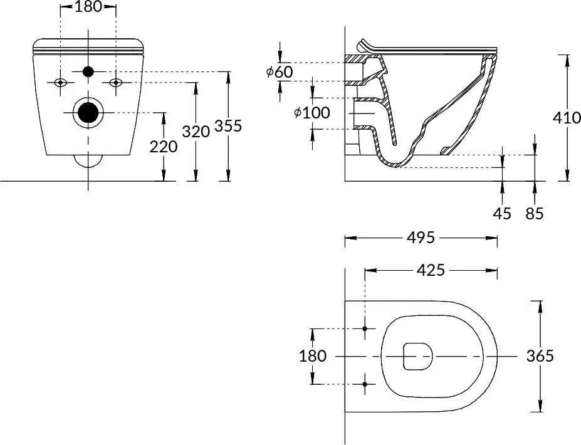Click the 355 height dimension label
(x=228, y=126)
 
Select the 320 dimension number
(x=196, y=132)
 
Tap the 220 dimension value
(x=164, y=147)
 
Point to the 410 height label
(x=567, y=118)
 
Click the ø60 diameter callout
(x=280, y=71)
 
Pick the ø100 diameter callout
(x=311, y=113)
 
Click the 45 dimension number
(x=503, y=214)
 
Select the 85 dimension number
(x=535, y=214)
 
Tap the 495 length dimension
(x=421, y=238)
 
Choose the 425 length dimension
(x=431, y=271)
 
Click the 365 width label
(x=540, y=356)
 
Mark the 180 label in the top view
(x=313, y=356)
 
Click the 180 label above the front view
(x=88, y=7)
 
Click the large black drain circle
(x=88, y=112)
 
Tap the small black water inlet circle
(x=88, y=71)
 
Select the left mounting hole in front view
(x=60, y=83)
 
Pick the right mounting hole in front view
(x=116, y=83)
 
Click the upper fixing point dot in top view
(x=365, y=328)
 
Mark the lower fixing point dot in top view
(x=365, y=384)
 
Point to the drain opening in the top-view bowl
(x=417, y=356)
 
